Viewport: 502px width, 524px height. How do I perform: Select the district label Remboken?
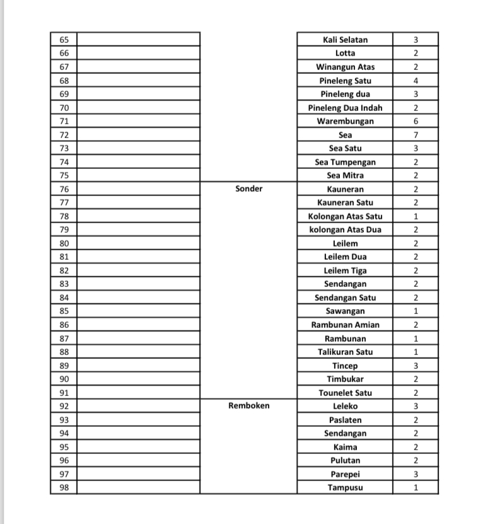(x=248, y=406)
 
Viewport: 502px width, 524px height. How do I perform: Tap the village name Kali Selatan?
(x=345, y=40)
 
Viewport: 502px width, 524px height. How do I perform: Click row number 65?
(x=64, y=40)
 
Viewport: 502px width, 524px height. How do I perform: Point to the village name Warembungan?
(x=345, y=121)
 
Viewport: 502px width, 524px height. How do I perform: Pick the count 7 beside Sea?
(x=416, y=135)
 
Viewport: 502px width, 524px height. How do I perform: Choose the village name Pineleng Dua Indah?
(x=345, y=108)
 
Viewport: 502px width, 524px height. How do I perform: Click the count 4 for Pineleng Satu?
(x=416, y=81)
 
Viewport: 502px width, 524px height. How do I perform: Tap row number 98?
(x=64, y=487)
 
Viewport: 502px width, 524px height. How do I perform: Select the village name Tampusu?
(x=345, y=487)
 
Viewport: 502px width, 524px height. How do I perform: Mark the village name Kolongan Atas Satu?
(x=345, y=216)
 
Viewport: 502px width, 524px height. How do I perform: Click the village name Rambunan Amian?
(x=345, y=325)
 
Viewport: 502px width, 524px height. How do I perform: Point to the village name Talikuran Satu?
(x=345, y=352)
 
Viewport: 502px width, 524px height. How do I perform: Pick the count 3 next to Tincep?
(x=416, y=366)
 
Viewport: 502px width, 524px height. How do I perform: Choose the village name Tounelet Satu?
(x=345, y=393)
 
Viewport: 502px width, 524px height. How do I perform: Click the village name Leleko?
(x=345, y=406)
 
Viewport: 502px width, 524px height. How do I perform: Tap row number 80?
(x=64, y=243)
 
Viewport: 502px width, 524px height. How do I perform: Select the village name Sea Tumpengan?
(x=345, y=162)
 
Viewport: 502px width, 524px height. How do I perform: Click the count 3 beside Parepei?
(x=416, y=474)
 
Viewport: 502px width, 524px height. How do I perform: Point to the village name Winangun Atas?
(x=345, y=67)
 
